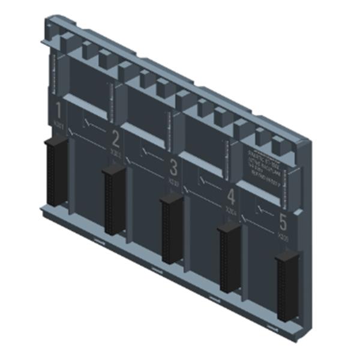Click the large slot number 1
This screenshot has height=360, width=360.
coord(58,110)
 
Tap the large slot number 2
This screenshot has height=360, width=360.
coord(116,139)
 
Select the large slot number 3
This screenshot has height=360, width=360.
coord(173,167)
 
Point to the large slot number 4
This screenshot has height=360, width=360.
coord(231,196)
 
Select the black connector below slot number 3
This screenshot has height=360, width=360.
coord(172,228)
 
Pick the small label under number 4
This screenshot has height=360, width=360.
coord(230,211)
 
